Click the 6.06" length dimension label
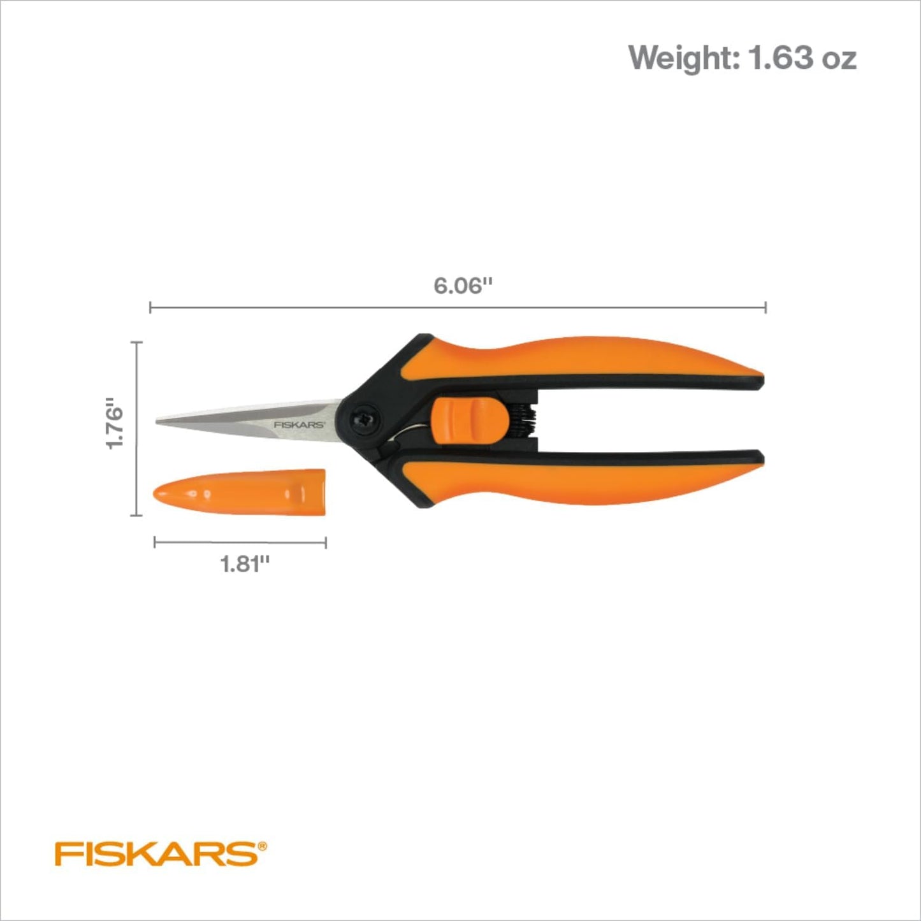[463, 286]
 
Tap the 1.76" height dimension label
[115, 424]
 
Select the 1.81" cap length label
[245, 563]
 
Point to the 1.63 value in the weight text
[781, 58]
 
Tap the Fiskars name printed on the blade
[300, 424]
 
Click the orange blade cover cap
[240, 493]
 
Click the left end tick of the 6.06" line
[150, 307]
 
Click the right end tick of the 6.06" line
[765, 307]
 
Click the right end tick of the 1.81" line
[326, 542]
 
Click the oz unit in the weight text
[839, 58]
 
